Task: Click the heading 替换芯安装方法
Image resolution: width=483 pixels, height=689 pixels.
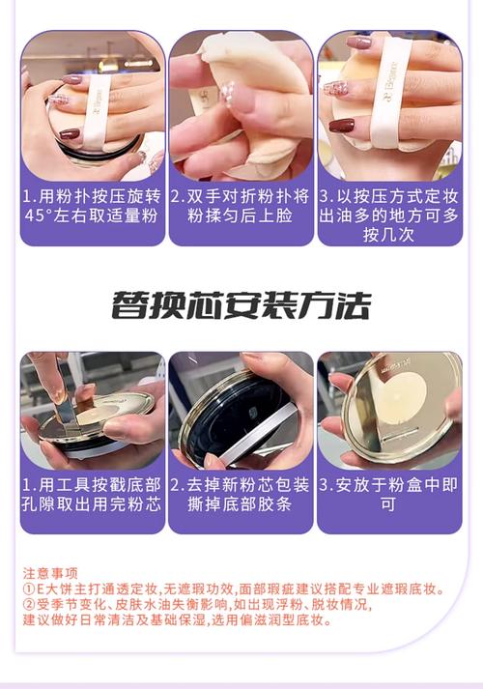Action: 241,305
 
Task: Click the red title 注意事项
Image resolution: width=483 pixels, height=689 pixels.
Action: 50,572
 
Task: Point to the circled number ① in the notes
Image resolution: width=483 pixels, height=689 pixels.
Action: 29,589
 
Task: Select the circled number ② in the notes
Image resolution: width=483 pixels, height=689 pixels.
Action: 29,605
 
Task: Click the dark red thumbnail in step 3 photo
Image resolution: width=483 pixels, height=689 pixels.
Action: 342,125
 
